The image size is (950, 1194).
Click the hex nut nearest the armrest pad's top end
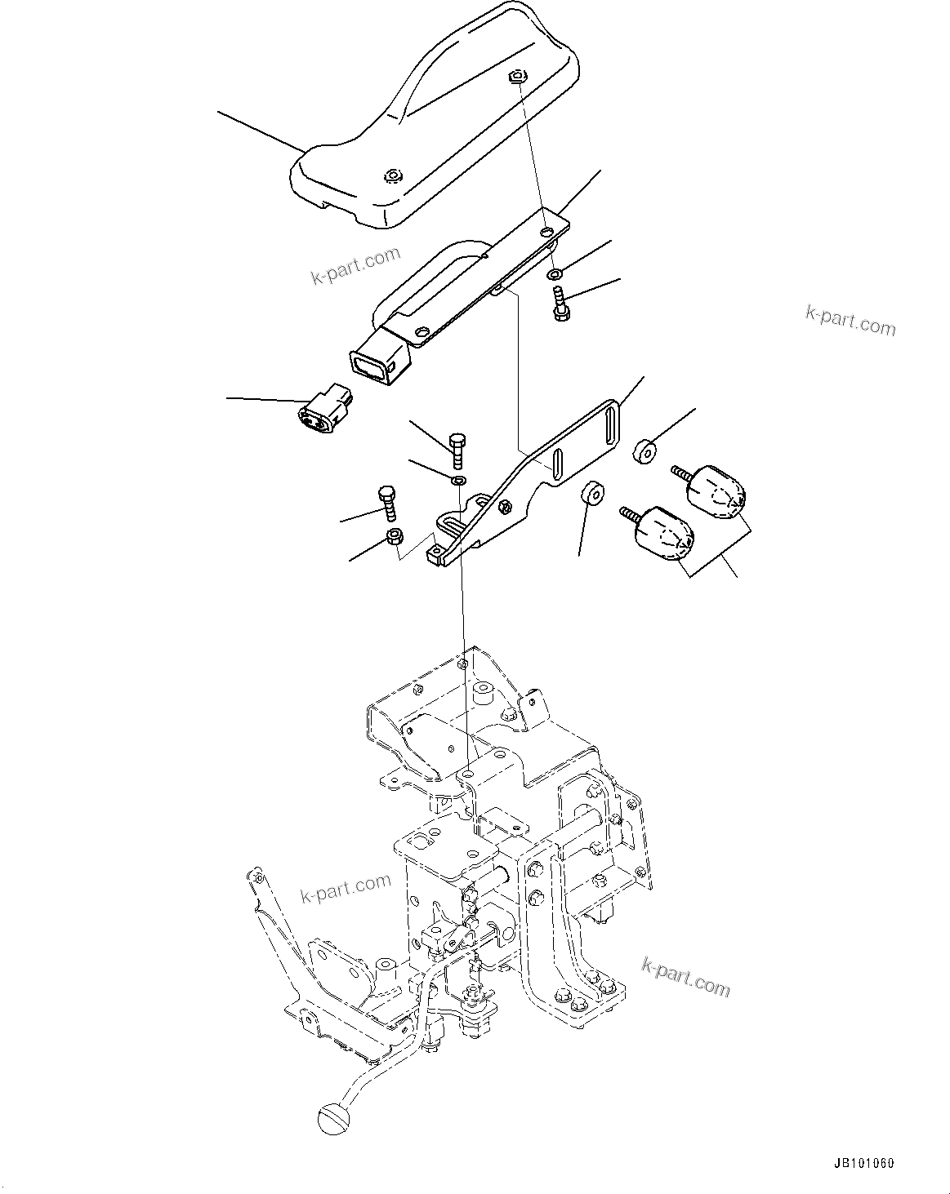pos(515,76)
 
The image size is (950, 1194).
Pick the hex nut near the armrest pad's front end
pos(394,175)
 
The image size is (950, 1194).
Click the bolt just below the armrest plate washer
pos(560,304)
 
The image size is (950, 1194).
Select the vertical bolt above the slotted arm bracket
pos(457,449)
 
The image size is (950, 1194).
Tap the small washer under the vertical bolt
pos(459,479)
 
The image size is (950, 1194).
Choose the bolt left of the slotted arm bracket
pos(387,504)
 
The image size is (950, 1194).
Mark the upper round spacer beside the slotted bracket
pos(645,450)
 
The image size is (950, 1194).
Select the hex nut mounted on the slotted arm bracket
pos(506,507)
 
